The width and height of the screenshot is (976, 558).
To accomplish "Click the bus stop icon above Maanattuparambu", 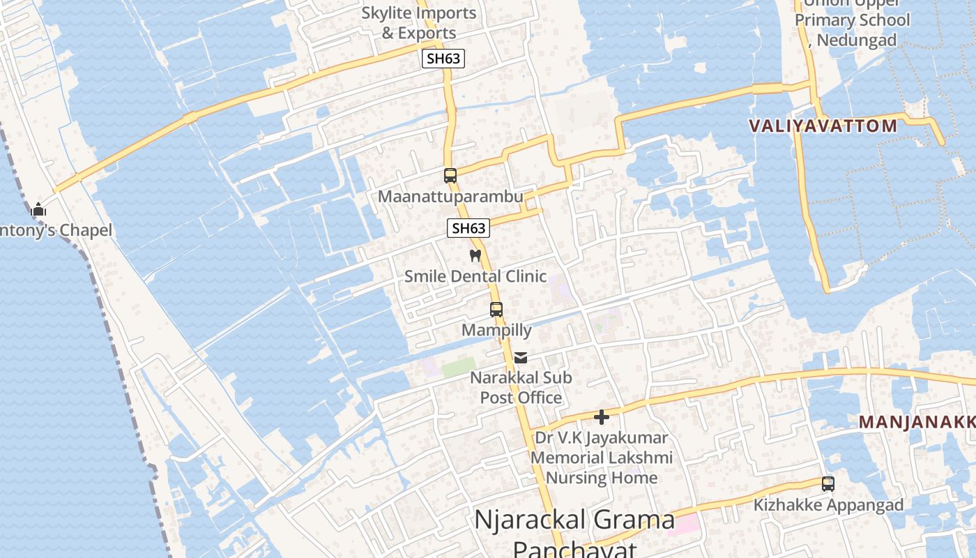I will (450, 176).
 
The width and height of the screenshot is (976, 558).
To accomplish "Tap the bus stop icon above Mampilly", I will (496, 309).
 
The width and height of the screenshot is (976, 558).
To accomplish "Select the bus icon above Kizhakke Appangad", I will (828, 483).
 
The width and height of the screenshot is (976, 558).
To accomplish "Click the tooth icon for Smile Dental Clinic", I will (475, 256).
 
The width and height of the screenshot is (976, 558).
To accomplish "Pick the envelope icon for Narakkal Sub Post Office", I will (521, 358).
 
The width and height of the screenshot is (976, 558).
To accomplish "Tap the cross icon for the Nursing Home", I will (602, 417).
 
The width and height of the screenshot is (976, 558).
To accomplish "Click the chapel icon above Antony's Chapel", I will (38, 209).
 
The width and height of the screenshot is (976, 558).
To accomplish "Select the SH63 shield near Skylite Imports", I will (443, 59).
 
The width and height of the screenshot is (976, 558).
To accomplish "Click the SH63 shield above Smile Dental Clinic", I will (468, 228).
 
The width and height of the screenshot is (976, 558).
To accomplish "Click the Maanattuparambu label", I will (450, 197).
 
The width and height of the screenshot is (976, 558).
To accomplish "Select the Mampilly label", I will (496, 330).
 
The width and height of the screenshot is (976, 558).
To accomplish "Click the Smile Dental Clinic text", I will (475, 276).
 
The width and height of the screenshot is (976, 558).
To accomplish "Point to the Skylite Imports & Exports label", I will (419, 23).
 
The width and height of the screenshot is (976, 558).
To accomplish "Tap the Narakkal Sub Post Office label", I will (521, 388).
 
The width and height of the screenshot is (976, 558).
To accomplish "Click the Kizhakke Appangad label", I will (828, 505).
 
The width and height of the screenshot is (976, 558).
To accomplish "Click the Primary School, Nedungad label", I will (853, 29).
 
